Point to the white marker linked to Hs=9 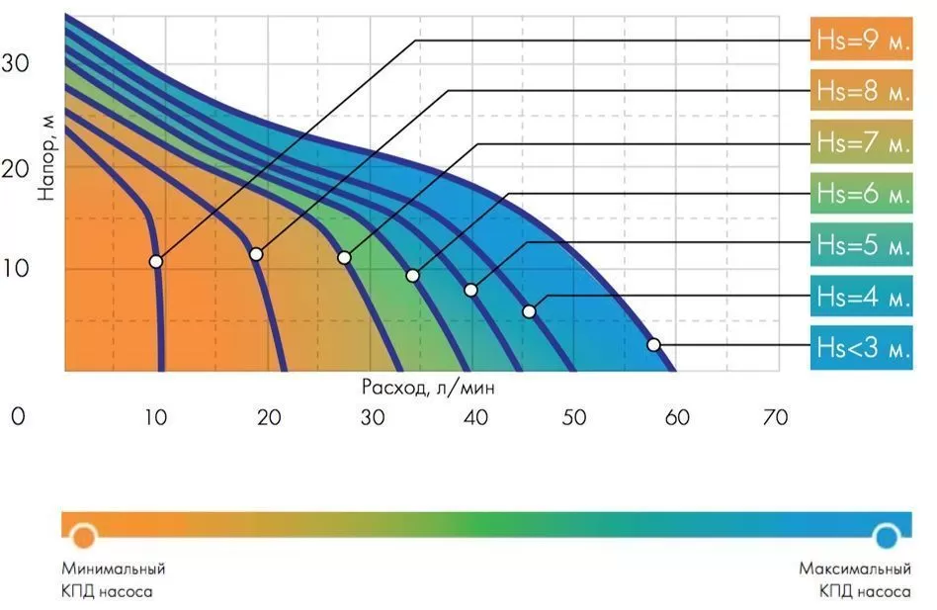pos(155,262)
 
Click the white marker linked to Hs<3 pos(653,345)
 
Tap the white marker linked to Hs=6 pos(412,275)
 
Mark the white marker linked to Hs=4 pos(529,311)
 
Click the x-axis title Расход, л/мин pos(428,389)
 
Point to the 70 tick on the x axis pos(776,417)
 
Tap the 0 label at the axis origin pos(17,417)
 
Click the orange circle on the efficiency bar pos(84,536)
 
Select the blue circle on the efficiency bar pos(887,536)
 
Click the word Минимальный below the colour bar pos(113,569)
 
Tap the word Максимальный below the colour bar pos(855,569)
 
